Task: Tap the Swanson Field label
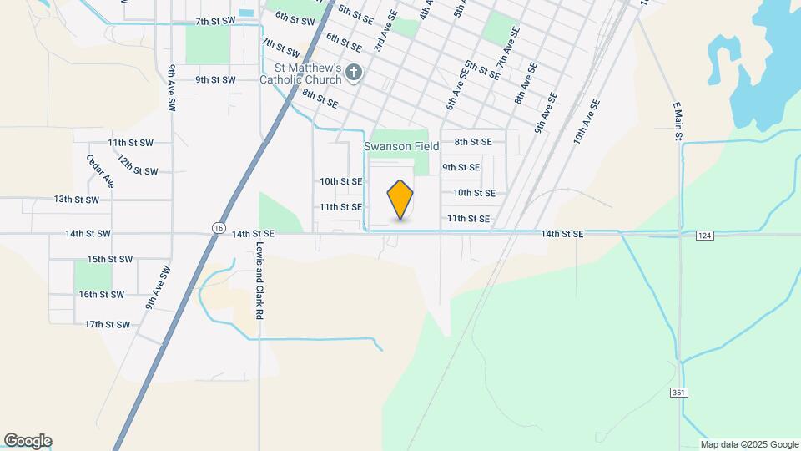401,146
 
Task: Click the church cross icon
354,73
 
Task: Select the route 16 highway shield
218,227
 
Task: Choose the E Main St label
678,121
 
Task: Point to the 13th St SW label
76,200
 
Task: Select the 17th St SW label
108,324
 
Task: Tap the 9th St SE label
461,167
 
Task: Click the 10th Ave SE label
587,122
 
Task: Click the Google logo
28,441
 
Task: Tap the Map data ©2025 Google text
748,444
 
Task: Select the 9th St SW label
215,79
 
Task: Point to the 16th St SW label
101,295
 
